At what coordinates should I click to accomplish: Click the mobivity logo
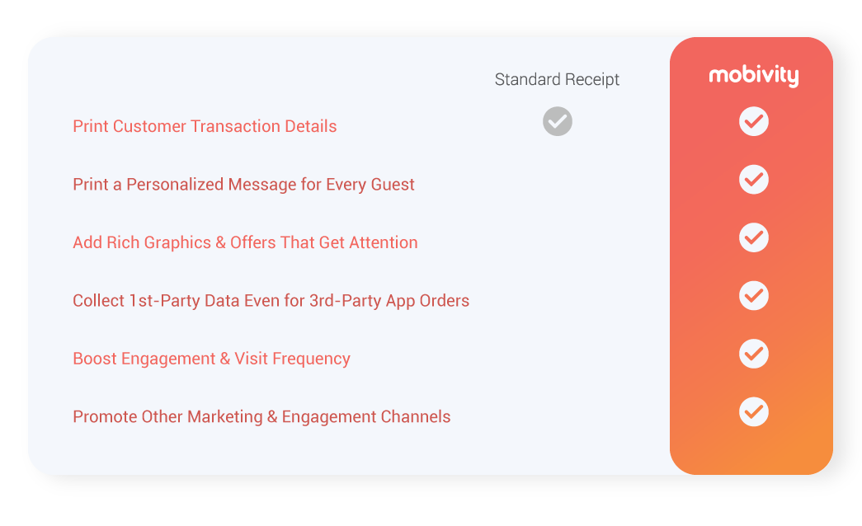click(754, 75)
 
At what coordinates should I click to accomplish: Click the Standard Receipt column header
click(557, 79)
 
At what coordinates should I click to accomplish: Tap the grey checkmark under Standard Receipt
click(558, 121)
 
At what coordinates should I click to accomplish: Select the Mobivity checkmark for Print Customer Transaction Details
click(754, 121)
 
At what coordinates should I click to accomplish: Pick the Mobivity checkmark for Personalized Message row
click(754, 180)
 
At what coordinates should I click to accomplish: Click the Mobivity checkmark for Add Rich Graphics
click(754, 237)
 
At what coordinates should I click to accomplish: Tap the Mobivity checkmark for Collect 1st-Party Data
click(754, 296)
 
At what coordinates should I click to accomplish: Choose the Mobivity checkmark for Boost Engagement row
click(754, 354)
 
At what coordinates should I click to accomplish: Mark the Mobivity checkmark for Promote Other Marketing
click(754, 411)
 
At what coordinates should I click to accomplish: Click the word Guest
click(393, 185)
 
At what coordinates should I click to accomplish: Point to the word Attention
click(384, 242)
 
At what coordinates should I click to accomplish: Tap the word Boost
click(95, 359)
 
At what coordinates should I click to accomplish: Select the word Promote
click(105, 416)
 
